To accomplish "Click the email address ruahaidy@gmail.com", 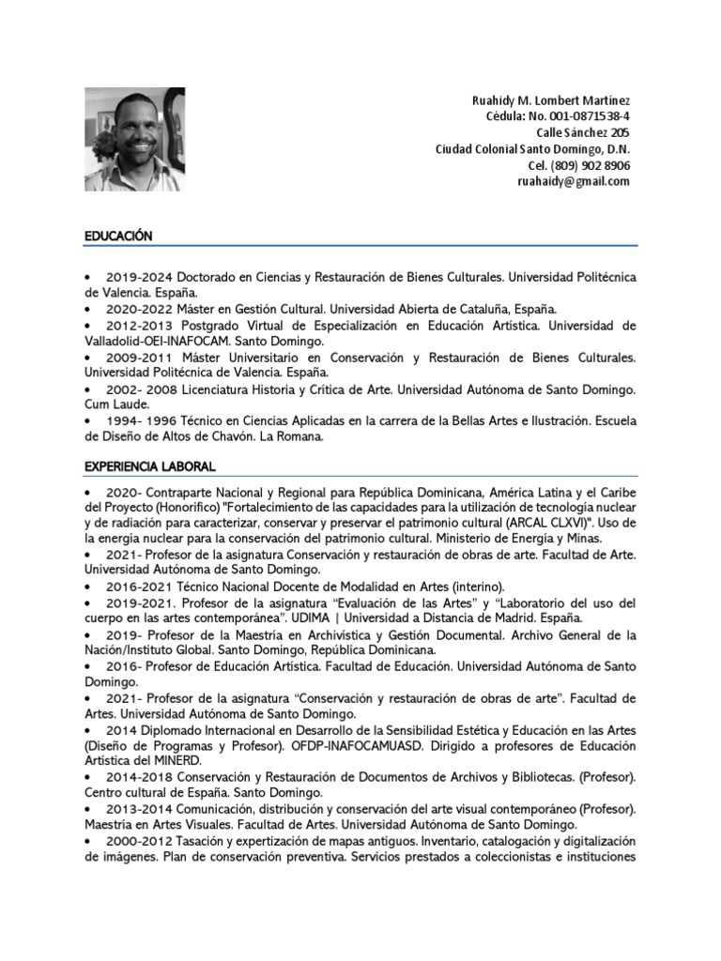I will click(x=573, y=181).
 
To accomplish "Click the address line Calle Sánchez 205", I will click(x=587, y=133).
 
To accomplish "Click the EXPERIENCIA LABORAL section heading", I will click(x=150, y=465).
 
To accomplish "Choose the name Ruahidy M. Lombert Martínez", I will click(x=550, y=101).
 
